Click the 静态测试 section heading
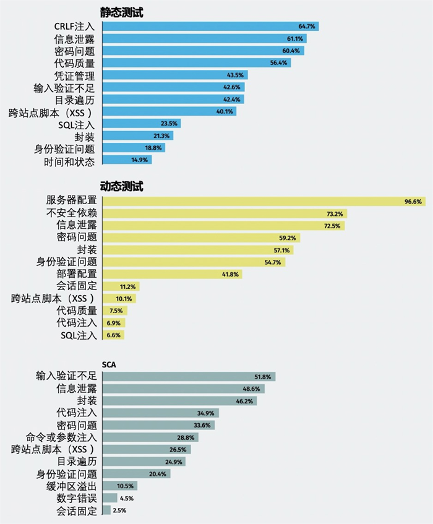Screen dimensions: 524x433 pyautogui.click(x=122, y=12)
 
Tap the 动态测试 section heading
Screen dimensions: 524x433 pyautogui.click(x=122, y=186)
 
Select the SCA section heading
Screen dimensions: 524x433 pyautogui.click(x=109, y=364)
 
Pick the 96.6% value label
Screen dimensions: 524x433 pyautogui.click(x=413, y=201)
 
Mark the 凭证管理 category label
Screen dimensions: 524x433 pyautogui.click(x=75, y=75)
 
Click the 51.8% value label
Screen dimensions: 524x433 pyautogui.click(x=264, y=377)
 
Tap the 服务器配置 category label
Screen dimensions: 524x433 pyautogui.click(x=71, y=200)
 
